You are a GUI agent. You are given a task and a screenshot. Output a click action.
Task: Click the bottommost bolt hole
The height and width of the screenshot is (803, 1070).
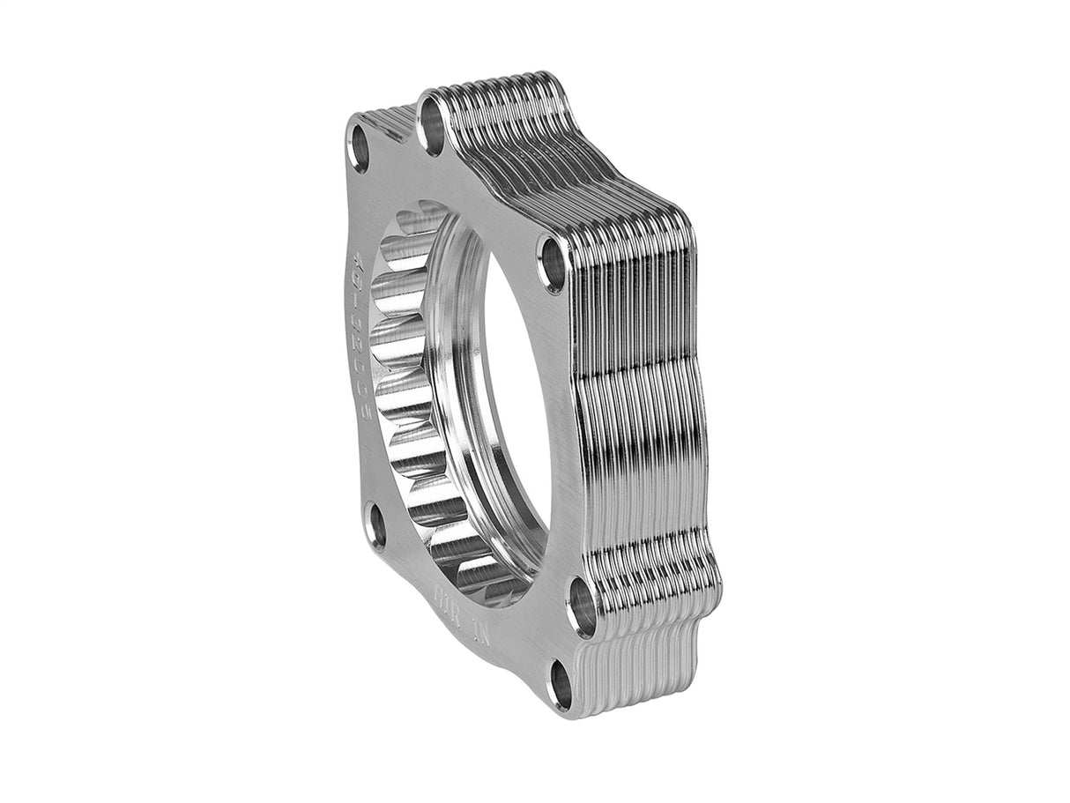pyautogui.click(x=561, y=686)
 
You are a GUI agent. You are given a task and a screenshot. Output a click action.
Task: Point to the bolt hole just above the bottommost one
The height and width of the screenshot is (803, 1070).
pyautogui.click(x=582, y=606)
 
